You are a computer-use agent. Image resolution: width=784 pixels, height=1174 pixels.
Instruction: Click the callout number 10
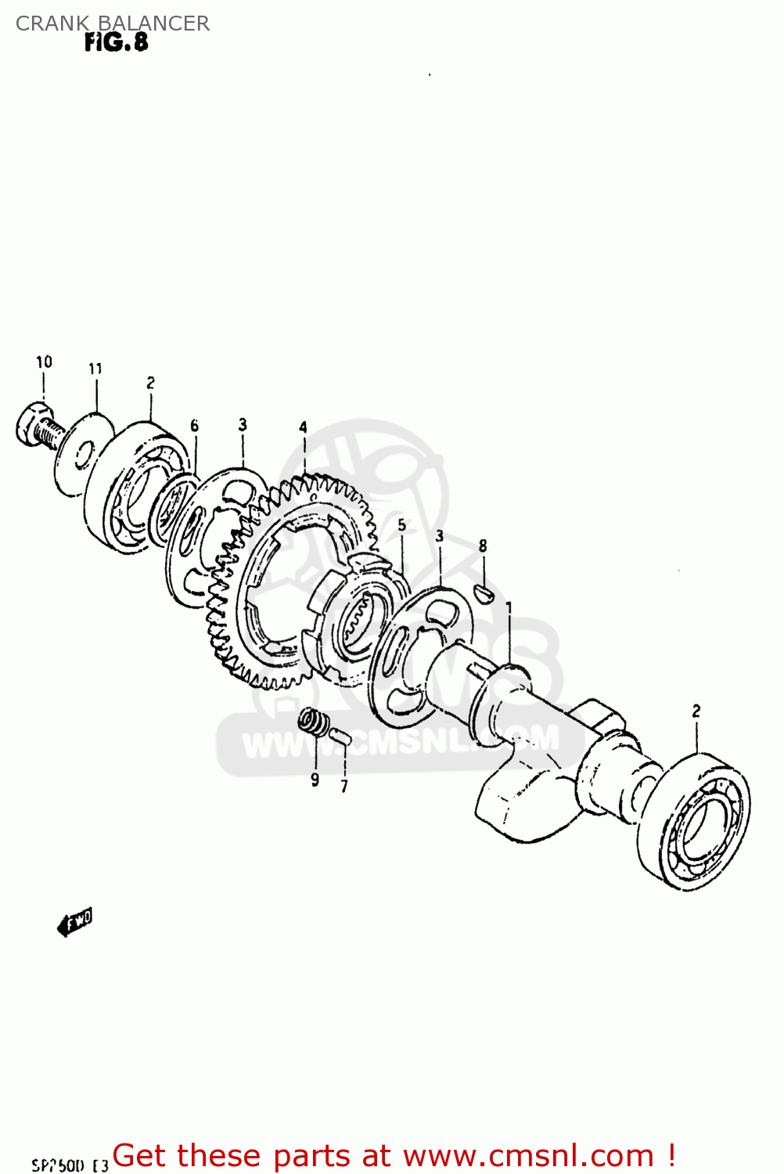44,362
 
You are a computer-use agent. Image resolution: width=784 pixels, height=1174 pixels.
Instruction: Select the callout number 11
95,369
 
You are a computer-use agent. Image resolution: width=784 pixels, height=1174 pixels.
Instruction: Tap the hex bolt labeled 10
36,427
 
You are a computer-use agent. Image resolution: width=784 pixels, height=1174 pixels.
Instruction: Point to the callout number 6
194,426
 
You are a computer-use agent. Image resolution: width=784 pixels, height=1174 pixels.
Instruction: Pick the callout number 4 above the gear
303,427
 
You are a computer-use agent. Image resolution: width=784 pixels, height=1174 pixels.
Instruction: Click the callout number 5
401,525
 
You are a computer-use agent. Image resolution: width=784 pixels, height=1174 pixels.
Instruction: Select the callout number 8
483,546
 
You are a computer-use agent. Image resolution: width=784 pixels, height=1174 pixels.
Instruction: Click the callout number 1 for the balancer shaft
509,608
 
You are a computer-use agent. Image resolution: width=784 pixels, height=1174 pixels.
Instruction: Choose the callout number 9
315,780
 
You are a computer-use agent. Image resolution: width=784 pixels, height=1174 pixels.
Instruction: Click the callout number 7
343,786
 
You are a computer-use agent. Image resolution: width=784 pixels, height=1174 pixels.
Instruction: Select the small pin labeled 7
340,736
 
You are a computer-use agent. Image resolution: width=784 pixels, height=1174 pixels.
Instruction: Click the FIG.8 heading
116,42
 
